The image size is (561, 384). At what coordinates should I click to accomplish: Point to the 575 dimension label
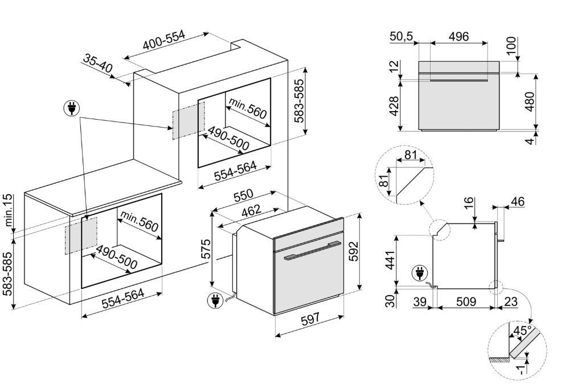[207, 250]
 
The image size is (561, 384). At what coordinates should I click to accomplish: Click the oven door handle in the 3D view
[310, 251]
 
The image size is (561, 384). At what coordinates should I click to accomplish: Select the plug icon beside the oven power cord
[215, 300]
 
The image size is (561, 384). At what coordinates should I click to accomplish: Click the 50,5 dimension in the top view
[402, 37]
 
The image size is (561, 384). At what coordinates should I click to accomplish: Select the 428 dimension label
[394, 105]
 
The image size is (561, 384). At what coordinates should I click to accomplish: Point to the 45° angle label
[522, 330]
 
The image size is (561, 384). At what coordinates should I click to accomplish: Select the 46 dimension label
[518, 202]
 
